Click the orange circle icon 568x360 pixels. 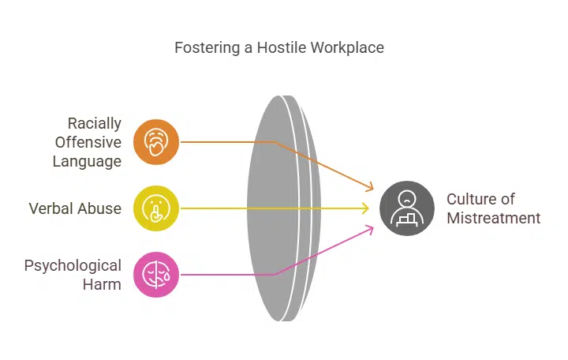(157, 142)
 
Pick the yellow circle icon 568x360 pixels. (157, 209)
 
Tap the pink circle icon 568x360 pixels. (157, 275)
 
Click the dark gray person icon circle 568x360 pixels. (407, 209)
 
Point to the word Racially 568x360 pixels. (95, 124)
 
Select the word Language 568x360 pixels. (87, 162)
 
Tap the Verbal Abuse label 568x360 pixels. (75, 209)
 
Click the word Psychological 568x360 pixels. (73, 265)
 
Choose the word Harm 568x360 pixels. (102, 284)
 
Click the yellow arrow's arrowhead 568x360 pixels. (366, 209)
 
